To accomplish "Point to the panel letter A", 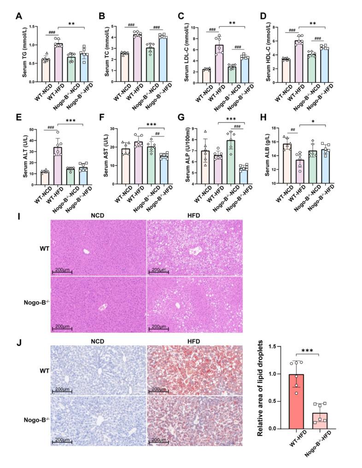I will [x=19, y=17].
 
